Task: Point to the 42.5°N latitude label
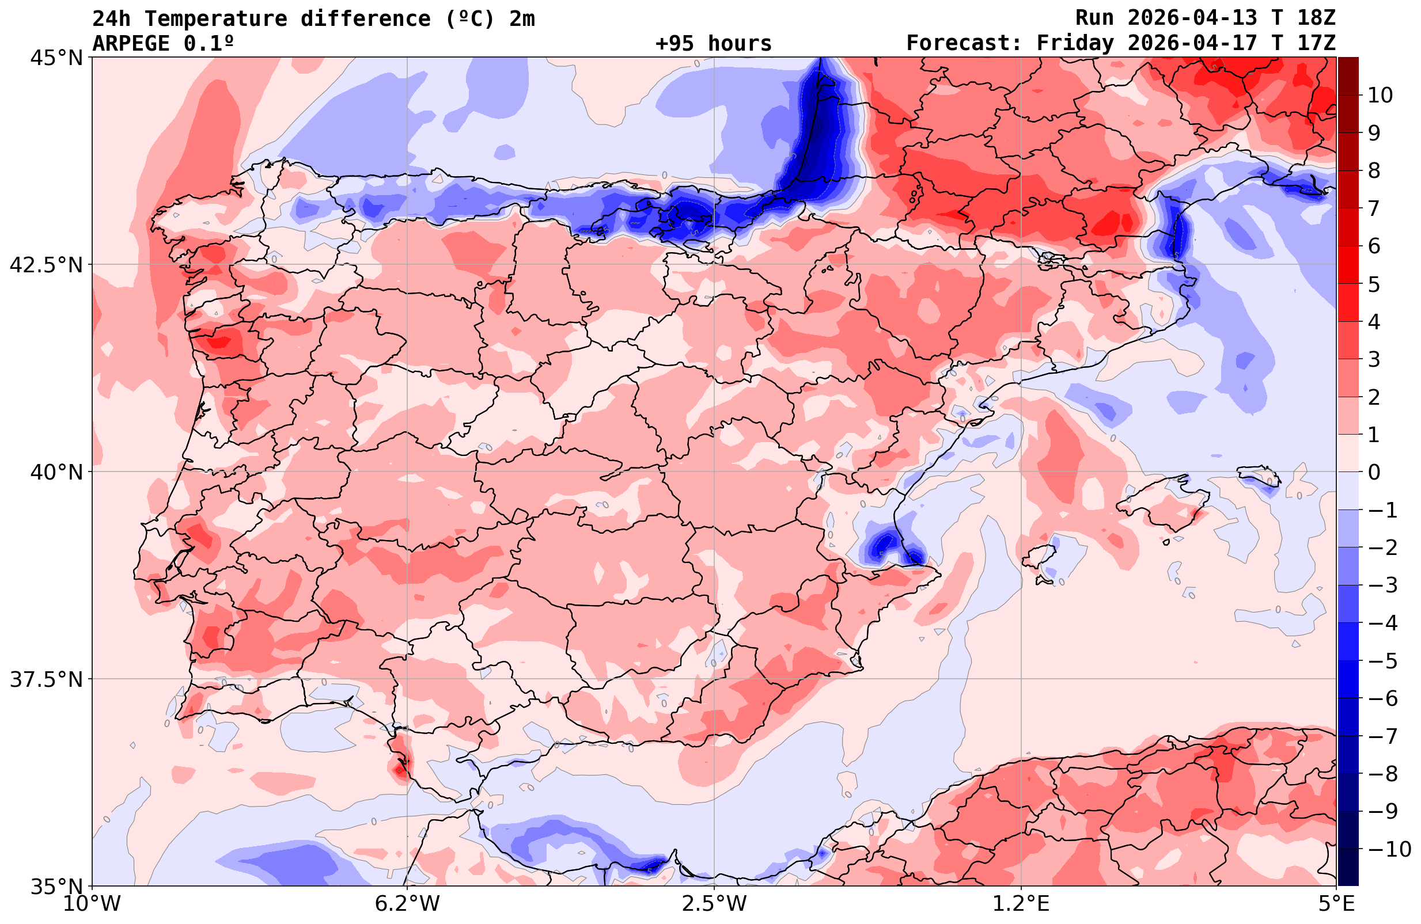pyautogui.click(x=46, y=265)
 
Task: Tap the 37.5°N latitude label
pyautogui.click(x=46, y=679)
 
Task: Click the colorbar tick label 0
pyautogui.click(x=1374, y=472)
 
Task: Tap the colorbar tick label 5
pyautogui.click(x=1374, y=284)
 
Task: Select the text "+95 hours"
pyautogui.click(x=714, y=44)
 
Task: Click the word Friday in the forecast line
pyautogui.click(x=1075, y=44)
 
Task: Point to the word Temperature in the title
pyautogui.click(x=215, y=19)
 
